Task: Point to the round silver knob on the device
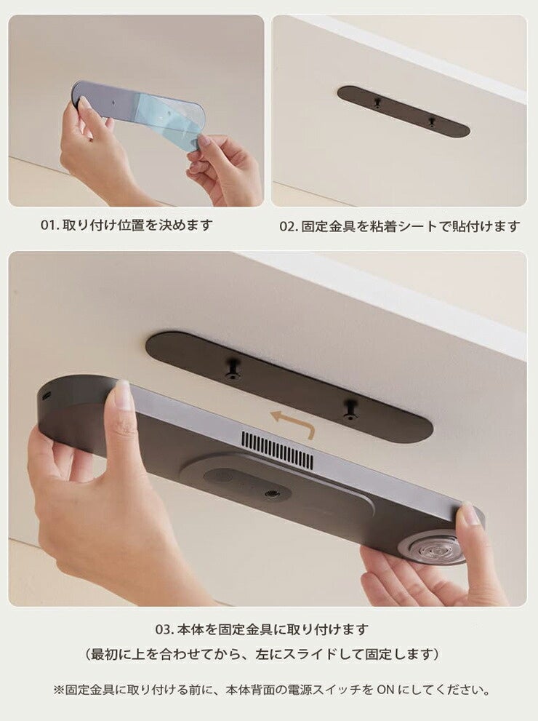[433, 549]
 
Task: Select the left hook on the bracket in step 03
[233, 370]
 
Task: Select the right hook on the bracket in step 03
[350, 409]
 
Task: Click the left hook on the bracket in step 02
[377, 103]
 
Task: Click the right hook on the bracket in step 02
[431, 122]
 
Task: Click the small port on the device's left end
[46, 396]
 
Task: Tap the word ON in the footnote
[385, 690]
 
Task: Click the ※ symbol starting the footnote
[59, 690]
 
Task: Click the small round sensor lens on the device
[270, 494]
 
